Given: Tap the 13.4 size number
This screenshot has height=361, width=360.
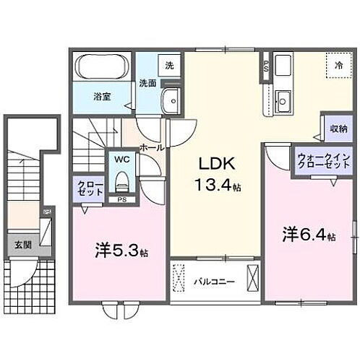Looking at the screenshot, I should click(215, 186).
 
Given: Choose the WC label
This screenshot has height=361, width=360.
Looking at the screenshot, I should click(120, 158).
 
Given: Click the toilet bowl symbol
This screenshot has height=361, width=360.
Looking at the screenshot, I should click(121, 178).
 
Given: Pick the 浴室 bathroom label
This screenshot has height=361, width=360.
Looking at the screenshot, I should click(100, 95).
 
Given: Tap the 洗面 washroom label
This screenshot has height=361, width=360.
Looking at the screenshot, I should click(147, 83).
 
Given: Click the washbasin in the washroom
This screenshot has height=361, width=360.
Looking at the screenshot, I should click(171, 101).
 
